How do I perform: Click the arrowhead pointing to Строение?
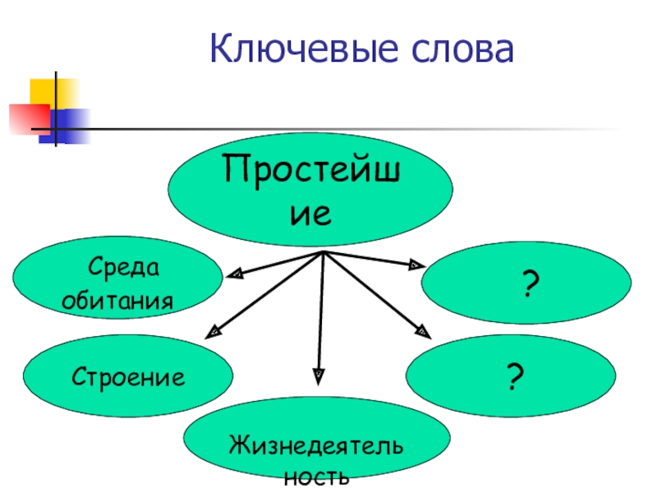pyautogui.click(x=215, y=331)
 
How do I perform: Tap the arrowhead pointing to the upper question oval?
pyautogui.click(x=415, y=265)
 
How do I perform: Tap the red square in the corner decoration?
pyautogui.click(x=28, y=117)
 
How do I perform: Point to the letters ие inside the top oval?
pyautogui.click(x=313, y=214)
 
